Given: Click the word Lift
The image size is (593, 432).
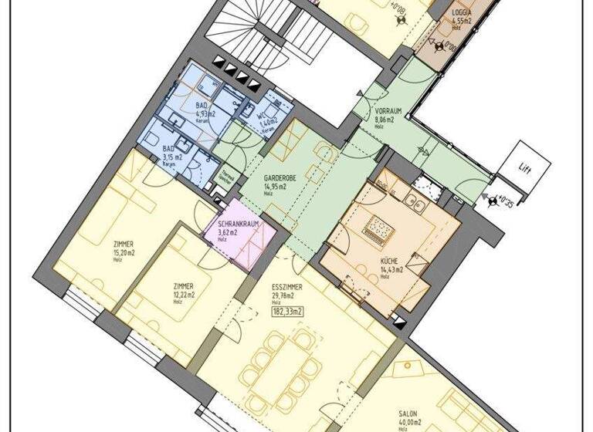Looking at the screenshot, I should (525, 167).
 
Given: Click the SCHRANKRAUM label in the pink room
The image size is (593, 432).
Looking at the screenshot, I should (237, 224).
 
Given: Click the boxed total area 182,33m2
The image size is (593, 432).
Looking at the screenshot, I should (286, 311).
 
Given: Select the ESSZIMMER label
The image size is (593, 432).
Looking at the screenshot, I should (286, 286).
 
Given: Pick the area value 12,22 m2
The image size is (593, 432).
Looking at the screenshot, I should (184, 294).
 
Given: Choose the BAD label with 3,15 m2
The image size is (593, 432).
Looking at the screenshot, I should (168, 148).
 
